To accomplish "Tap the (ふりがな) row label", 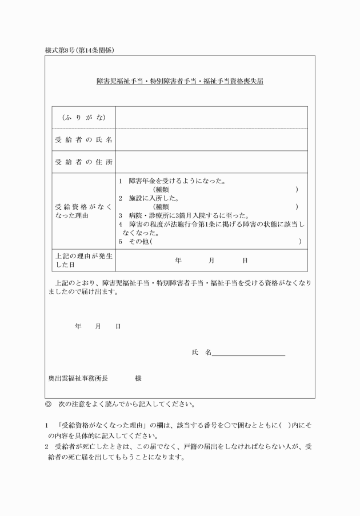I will coord(83,118).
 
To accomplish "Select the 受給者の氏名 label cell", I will coord(83,140).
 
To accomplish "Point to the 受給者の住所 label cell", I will coord(83,162).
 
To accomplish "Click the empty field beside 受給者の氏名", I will coord(211,140).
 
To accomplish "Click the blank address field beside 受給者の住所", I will coord(211,162).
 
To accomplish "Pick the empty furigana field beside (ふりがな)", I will coord(211,118).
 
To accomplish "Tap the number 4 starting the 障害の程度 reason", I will coord(121,225).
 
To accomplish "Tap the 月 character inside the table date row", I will coord(211,261).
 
